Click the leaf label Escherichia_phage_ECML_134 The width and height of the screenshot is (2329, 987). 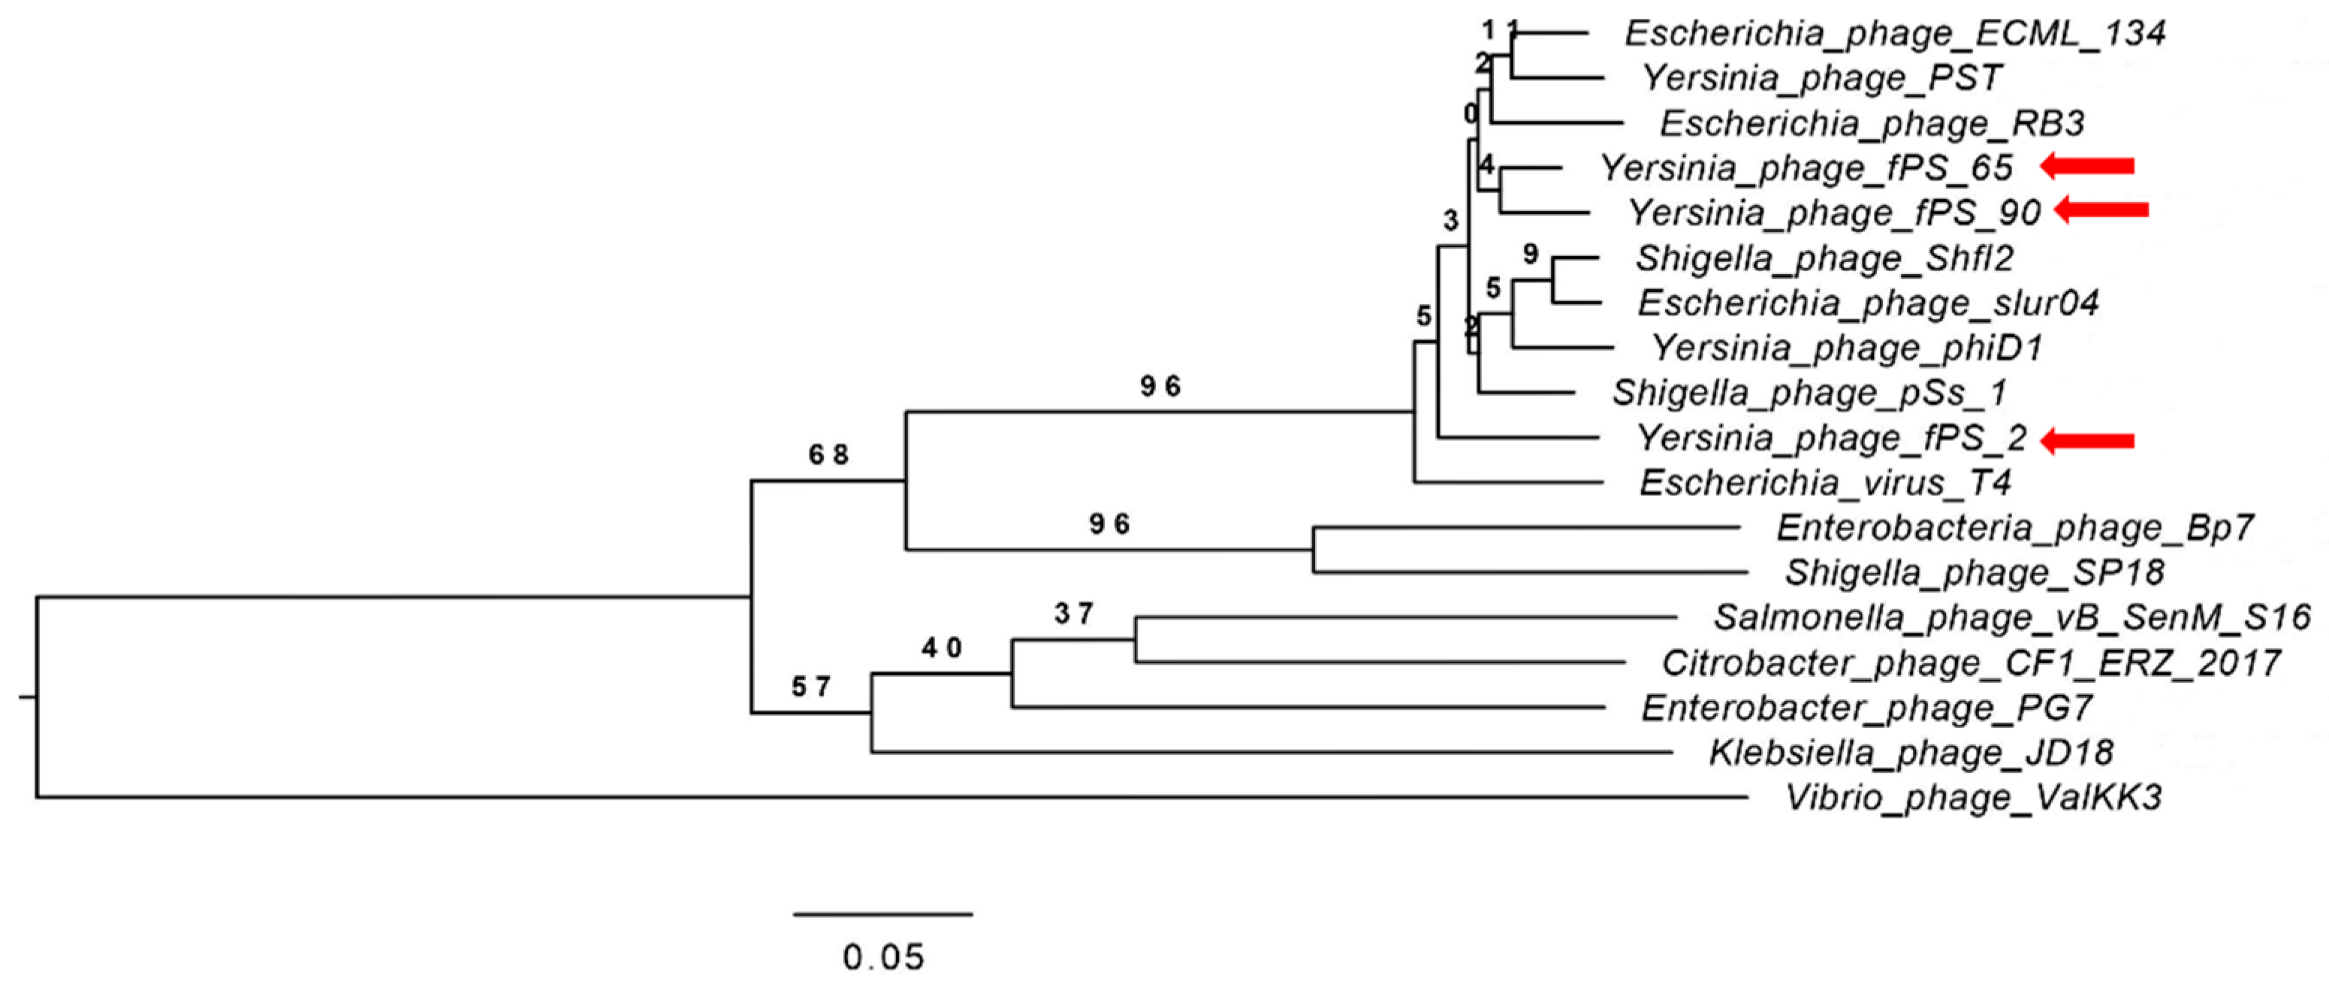(x=1894, y=35)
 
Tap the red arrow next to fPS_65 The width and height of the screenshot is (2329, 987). (x=2089, y=165)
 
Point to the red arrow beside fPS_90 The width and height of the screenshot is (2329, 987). (x=2103, y=210)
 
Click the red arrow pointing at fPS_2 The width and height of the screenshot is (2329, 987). (x=2089, y=441)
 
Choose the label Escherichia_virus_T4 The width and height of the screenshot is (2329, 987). (x=1824, y=484)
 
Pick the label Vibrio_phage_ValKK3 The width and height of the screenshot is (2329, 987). (x=1973, y=799)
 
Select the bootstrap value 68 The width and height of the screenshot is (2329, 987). (x=828, y=455)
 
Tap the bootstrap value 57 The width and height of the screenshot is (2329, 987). (x=811, y=688)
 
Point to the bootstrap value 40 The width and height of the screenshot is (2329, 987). (x=942, y=648)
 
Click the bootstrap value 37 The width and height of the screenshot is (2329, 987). (x=1074, y=614)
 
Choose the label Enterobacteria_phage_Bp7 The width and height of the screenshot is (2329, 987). (x=2014, y=528)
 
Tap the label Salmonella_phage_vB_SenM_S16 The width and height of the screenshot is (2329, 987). (x=2011, y=618)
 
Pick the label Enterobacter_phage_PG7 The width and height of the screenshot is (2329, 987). (x=1866, y=708)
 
